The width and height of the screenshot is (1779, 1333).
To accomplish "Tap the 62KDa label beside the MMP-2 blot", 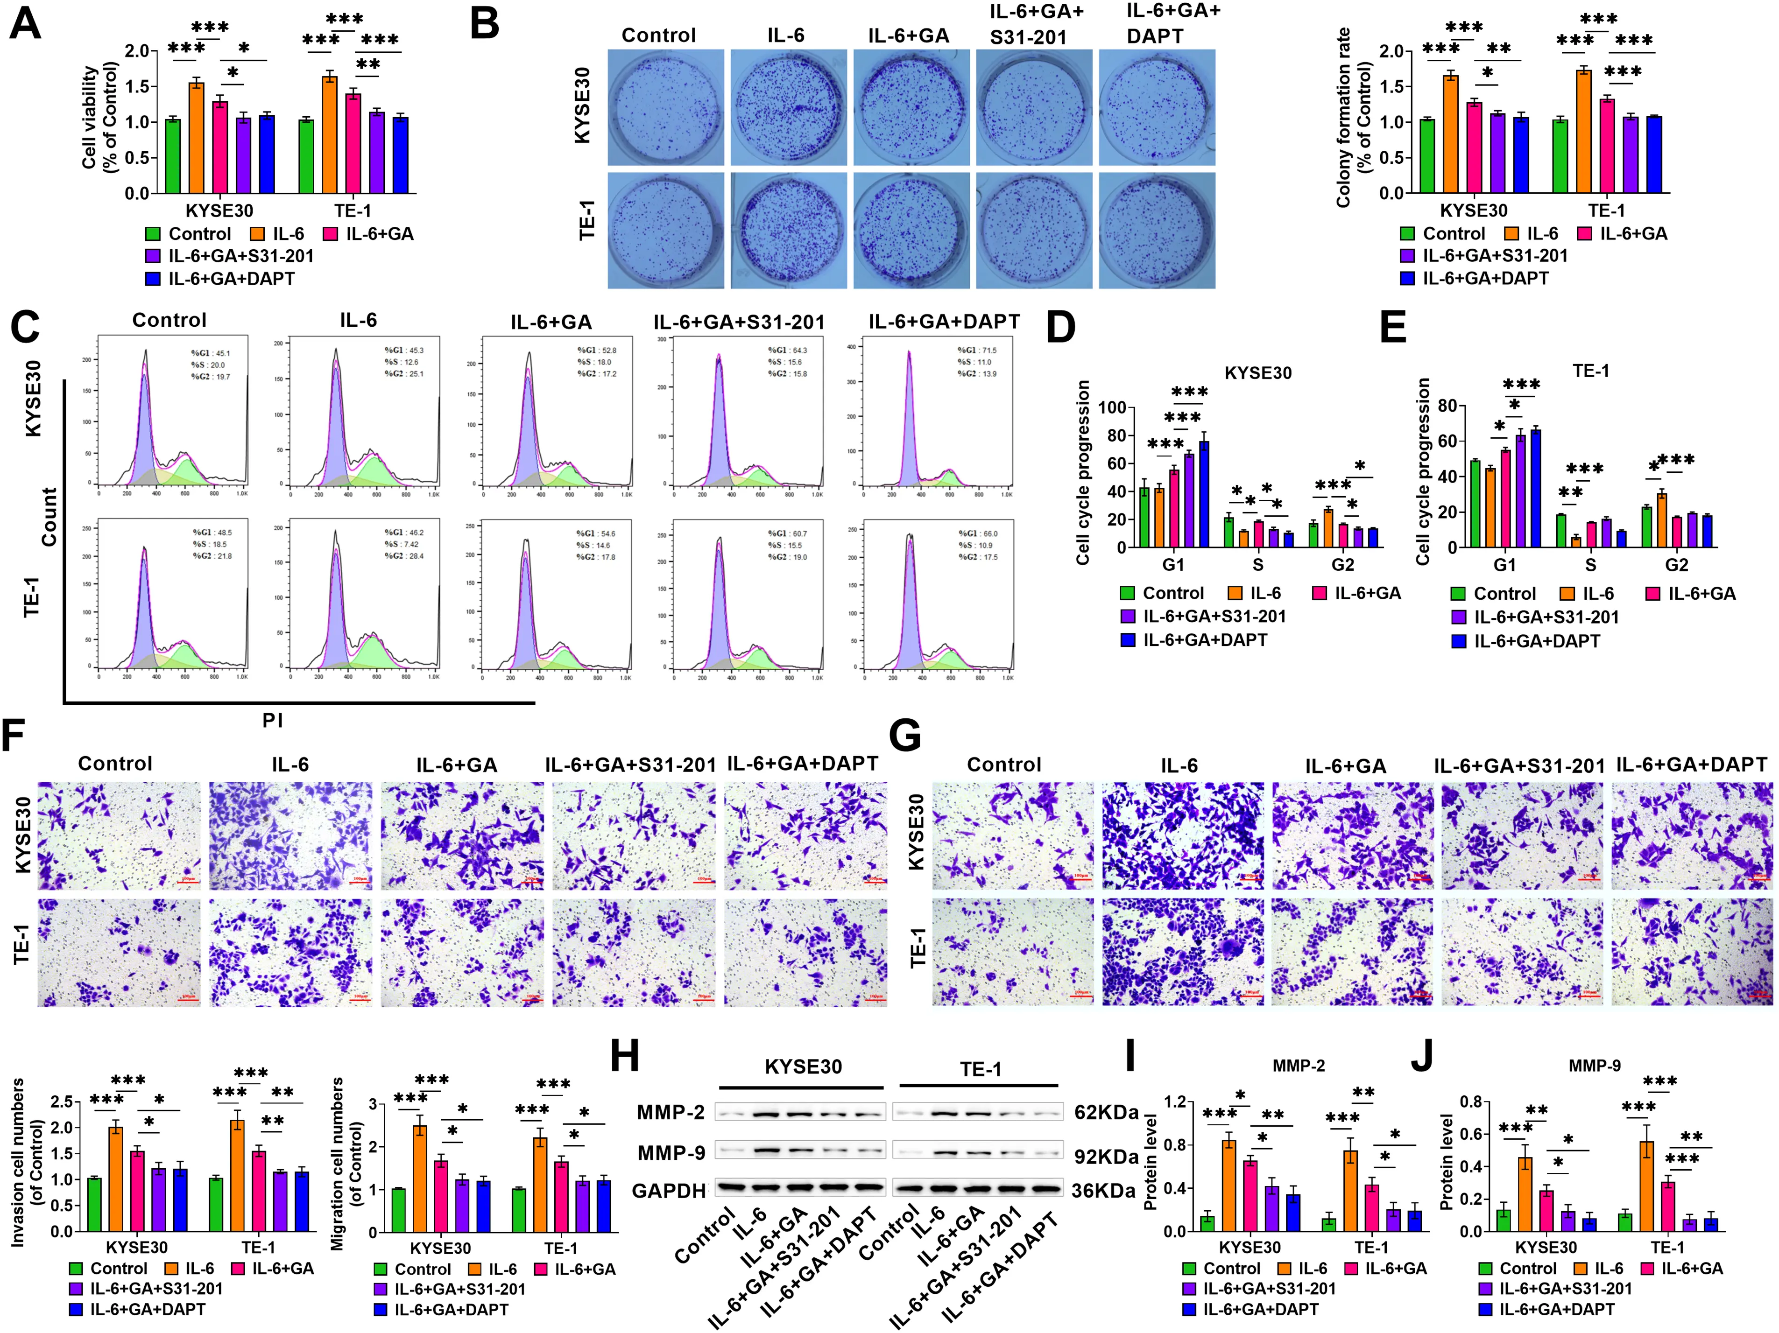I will [1106, 1113].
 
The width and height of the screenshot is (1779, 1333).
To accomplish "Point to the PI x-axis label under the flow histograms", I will [273, 720].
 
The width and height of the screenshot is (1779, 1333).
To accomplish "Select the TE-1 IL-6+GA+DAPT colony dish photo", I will [1157, 230].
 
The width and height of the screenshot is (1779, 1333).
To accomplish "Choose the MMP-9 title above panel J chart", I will [1594, 1066].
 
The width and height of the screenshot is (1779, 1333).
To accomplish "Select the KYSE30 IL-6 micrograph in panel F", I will [290, 835].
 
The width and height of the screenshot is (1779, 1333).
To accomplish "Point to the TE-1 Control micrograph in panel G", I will [1013, 952].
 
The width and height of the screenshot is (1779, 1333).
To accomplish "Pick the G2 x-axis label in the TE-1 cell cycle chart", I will [1676, 565].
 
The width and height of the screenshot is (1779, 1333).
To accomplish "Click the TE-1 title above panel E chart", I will [1591, 371].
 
